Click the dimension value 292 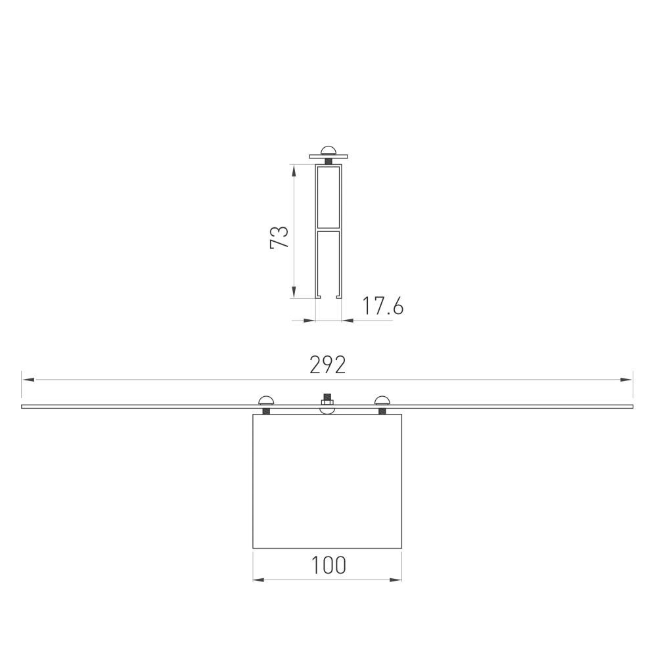(x=327, y=365)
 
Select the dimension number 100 (x=327, y=565)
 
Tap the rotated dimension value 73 (x=280, y=237)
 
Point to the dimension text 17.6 (x=382, y=306)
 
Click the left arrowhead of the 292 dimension (x=26, y=379)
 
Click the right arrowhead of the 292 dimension (x=627, y=379)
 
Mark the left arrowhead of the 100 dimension (x=258, y=579)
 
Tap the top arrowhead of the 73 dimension (x=294, y=170)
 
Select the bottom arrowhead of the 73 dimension (x=294, y=294)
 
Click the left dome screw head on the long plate (x=267, y=401)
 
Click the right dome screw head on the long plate (x=382, y=401)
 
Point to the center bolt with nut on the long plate (x=327, y=402)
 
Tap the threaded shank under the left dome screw (x=267, y=412)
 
